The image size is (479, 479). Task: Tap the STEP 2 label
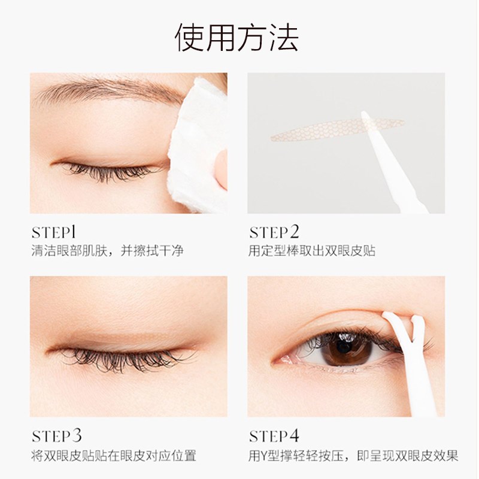(x=274, y=232)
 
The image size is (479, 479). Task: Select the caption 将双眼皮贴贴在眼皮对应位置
(x=114, y=456)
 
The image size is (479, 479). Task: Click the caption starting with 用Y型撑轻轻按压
(x=353, y=456)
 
